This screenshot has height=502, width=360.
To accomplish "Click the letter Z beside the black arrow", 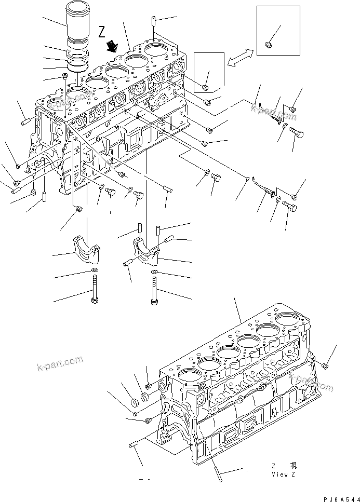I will [x=102, y=32].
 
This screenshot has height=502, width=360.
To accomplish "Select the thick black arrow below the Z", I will [x=111, y=47].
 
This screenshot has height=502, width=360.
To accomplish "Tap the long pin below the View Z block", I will [x=217, y=467].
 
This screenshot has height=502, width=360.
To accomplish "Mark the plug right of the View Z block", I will [x=324, y=366].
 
